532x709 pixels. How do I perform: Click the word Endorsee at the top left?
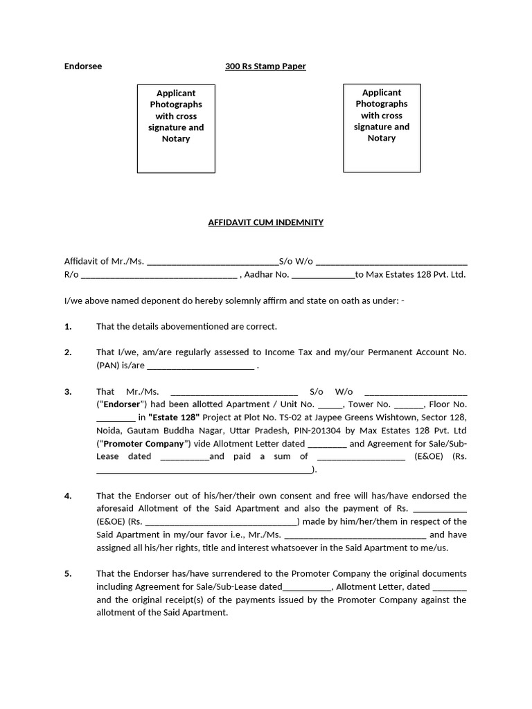point(82,66)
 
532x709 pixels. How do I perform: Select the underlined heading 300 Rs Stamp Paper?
point(265,66)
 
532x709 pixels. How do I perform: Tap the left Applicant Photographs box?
point(176,128)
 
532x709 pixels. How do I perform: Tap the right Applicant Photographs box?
point(382,128)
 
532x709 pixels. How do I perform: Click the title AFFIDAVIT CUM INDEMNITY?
point(266,222)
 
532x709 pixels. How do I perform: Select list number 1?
point(68,326)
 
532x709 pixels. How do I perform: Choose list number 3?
point(68,392)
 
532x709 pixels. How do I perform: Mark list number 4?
point(68,496)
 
